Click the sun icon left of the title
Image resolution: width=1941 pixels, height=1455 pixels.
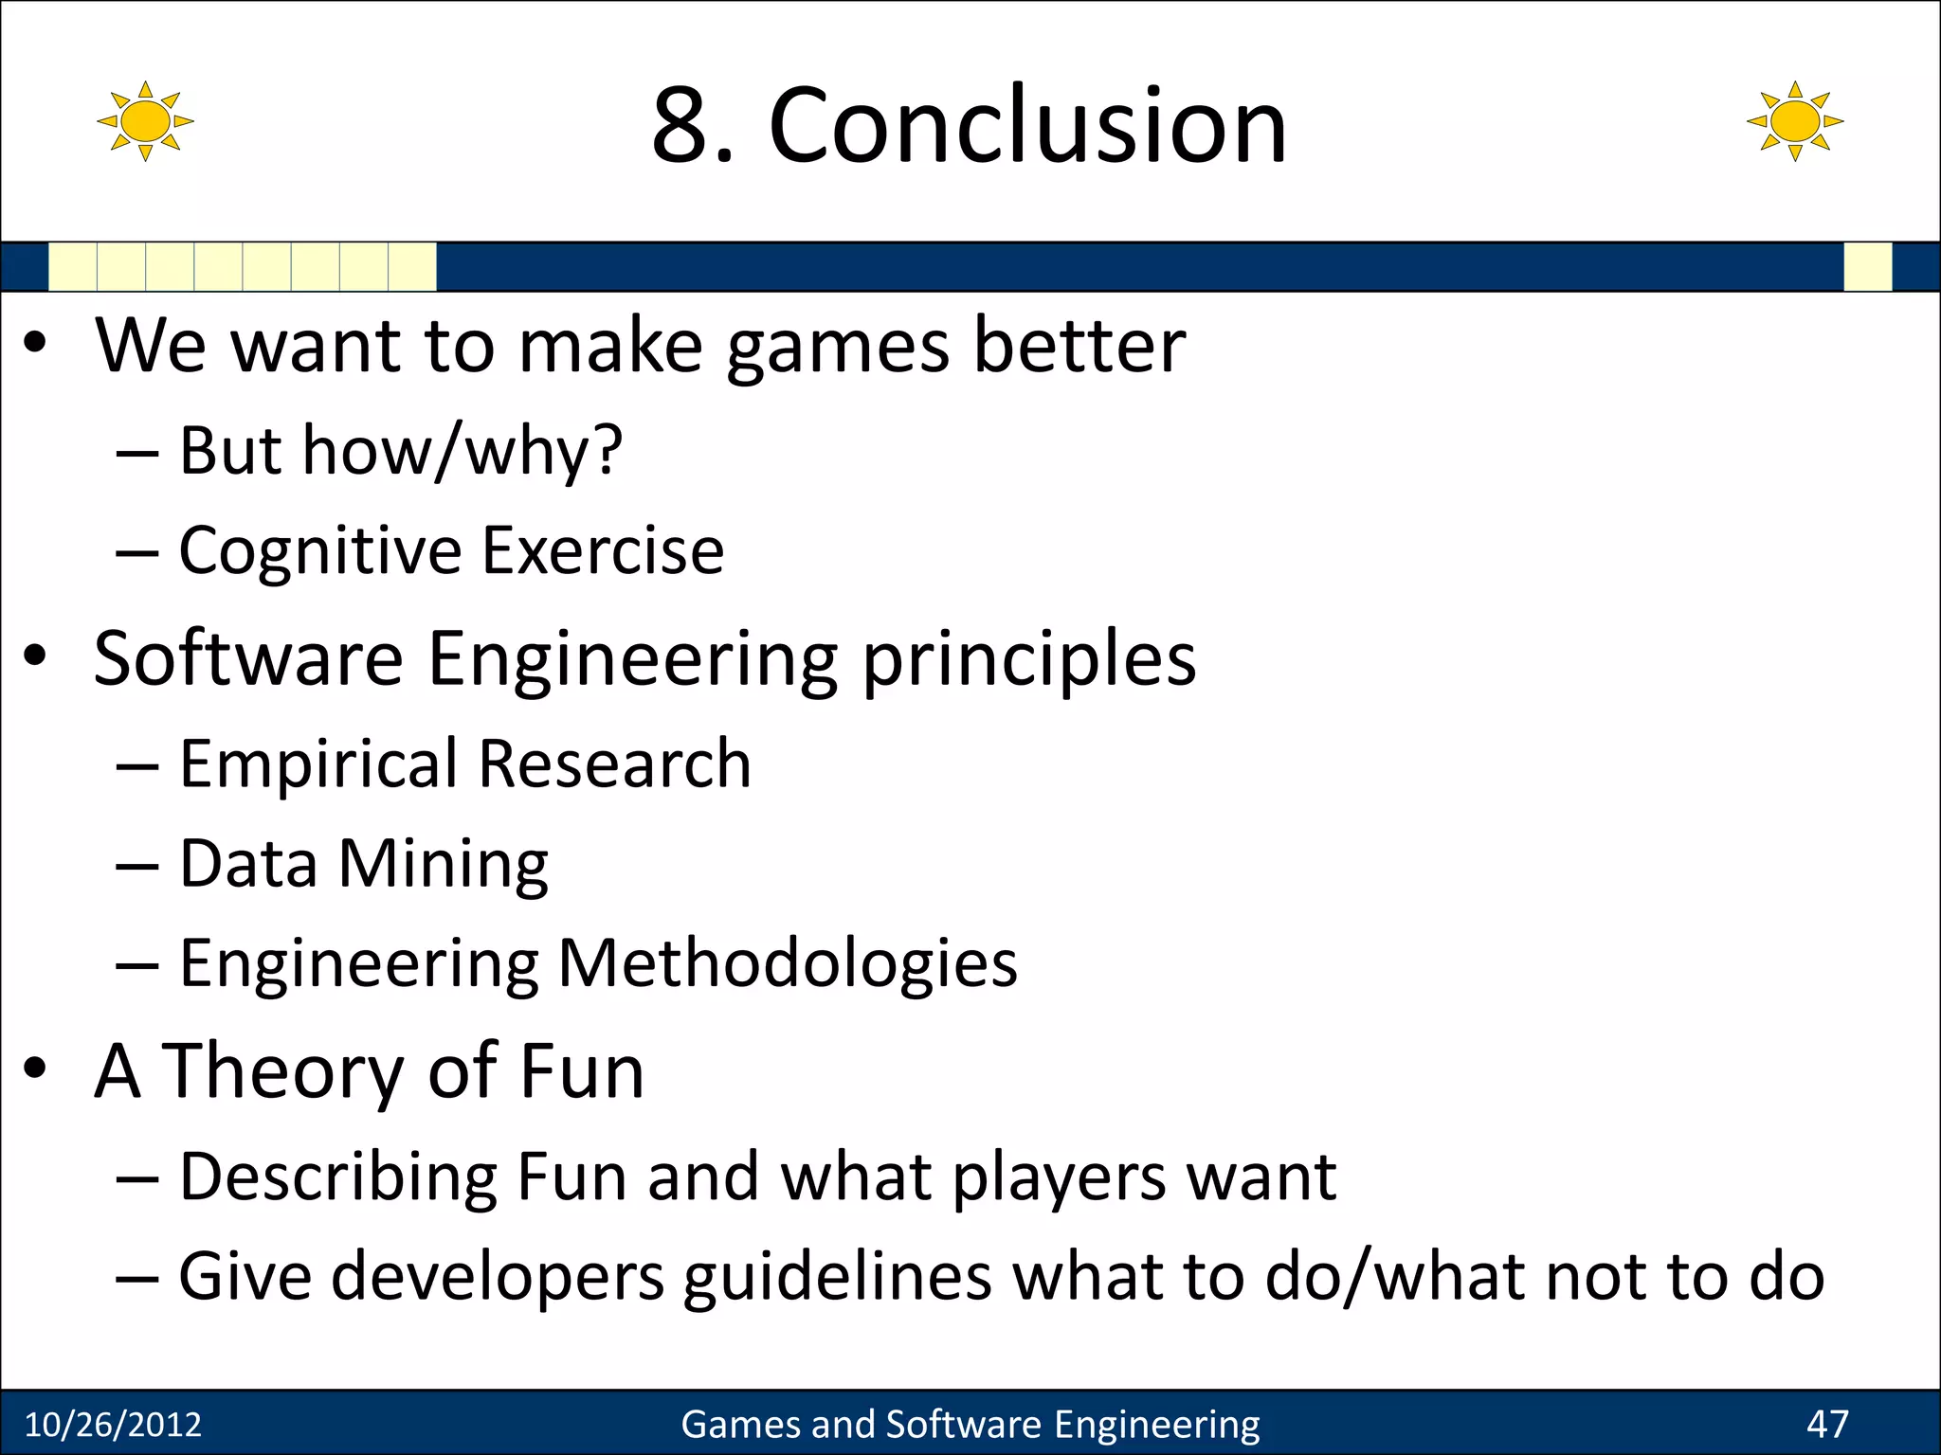(x=145, y=121)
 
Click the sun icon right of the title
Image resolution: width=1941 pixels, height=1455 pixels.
(x=1794, y=121)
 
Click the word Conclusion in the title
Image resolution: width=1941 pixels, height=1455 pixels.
(x=1027, y=125)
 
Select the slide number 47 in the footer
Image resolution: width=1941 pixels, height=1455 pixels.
(x=1827, y=1424)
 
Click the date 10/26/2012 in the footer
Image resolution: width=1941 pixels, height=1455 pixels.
(x=113, y=1425)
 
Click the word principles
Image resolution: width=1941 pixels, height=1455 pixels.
(x=1029, y=660)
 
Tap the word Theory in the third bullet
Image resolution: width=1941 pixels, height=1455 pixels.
(x=282, y=1073)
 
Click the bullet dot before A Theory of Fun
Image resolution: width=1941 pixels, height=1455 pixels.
(x=35, y=1069)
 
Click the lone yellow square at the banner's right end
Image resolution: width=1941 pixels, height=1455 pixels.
(x=1867, y=266)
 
